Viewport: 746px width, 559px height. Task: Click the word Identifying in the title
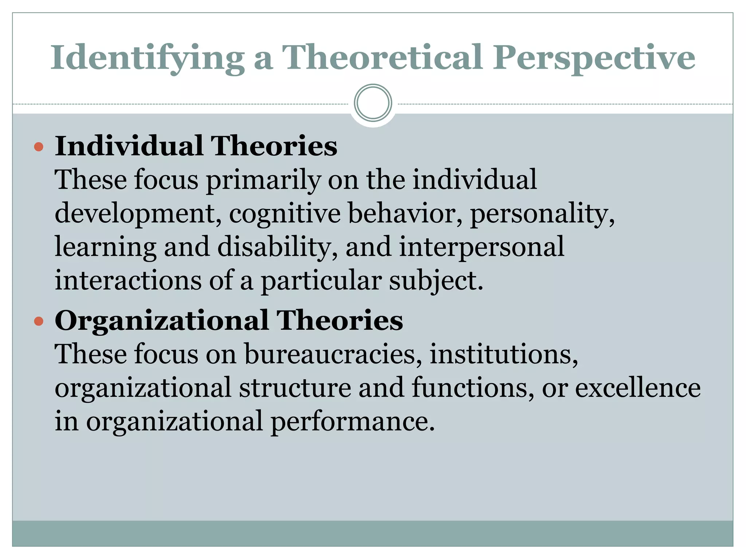147,58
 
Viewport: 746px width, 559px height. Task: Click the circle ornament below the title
373,103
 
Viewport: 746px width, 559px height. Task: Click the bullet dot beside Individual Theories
39,147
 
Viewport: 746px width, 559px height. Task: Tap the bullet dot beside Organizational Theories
39,321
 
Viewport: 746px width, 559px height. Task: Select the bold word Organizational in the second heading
162,321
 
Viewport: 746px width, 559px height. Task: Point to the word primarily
263,180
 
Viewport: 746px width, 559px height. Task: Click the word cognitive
285,214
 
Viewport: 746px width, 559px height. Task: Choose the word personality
542,214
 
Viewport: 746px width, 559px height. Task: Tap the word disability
278,247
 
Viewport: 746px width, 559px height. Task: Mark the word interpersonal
482,247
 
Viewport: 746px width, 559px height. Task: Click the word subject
436,281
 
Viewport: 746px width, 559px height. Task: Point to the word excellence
637,388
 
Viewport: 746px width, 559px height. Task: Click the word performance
353,421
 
